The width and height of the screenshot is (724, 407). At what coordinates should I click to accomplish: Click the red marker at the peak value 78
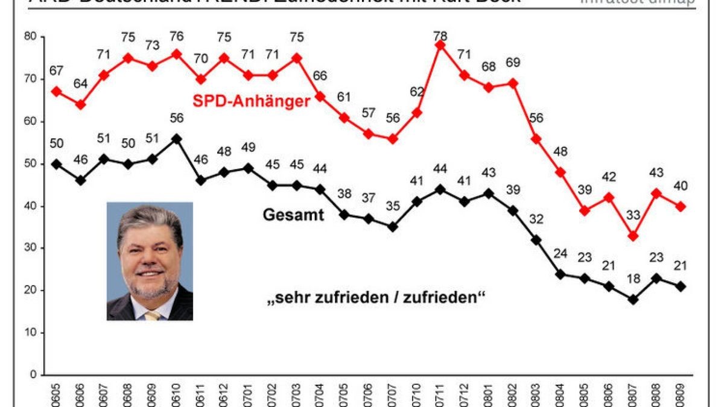pos(440,45)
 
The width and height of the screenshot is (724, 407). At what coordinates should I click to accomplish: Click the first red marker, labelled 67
pos(56,92)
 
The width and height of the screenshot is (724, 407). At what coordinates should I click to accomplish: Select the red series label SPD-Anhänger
pos(251,101)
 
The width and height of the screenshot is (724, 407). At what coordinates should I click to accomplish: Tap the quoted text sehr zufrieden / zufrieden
pos(376,298)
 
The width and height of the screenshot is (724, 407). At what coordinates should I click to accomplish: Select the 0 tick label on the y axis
pos(34,375)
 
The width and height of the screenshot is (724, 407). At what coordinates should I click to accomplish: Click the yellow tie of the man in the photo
pos(152,314)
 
